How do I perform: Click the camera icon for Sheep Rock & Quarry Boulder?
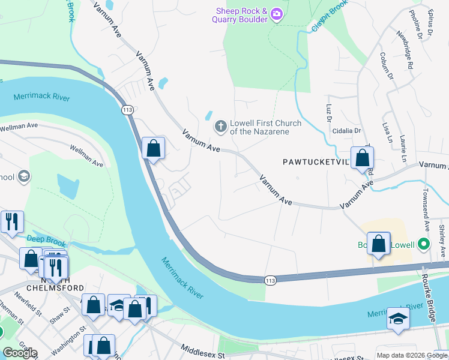click(x=276, y=14)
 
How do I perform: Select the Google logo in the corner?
click(x=20, y=353)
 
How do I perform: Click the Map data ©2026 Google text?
click(x=411, y=355)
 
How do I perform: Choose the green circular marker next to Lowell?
click(x=423, y=245)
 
